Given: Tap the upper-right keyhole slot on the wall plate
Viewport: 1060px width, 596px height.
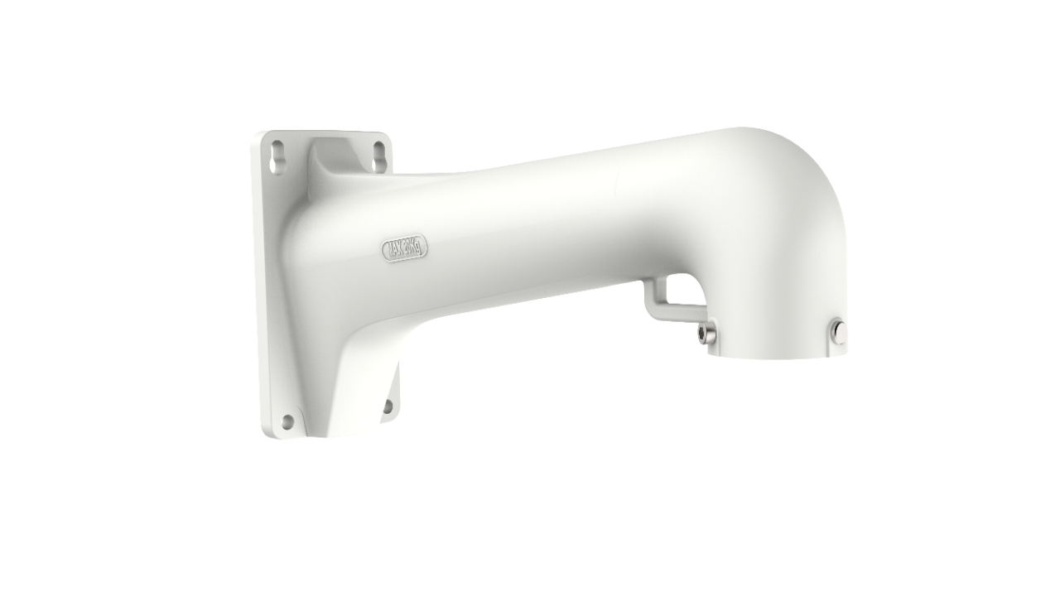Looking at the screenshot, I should [379, 153].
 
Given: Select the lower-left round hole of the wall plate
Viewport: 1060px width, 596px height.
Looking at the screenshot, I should [287, 422].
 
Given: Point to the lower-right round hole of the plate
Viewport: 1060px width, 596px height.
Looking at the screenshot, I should [387, 405].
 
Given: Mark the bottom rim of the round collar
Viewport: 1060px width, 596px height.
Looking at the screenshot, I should [778, 358].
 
